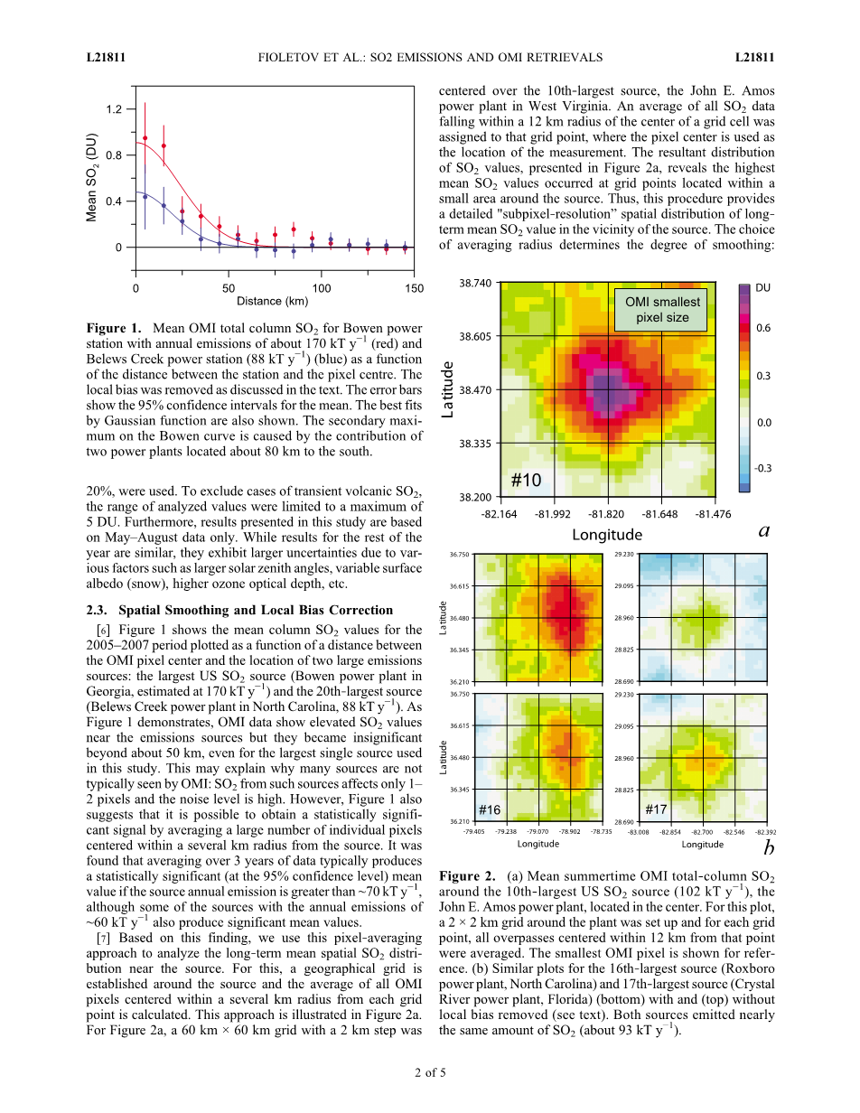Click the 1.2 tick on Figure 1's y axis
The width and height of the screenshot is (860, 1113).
(x=113, y=109)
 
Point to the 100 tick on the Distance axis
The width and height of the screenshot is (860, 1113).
(x=321, y=288)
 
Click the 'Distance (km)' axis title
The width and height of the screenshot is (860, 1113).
(x=272, y=301)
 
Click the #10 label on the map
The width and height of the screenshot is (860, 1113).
(x=526, y=480)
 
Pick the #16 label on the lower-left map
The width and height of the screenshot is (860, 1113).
(x=489, y=809)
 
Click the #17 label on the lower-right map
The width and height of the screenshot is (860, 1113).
(x=657, y=809)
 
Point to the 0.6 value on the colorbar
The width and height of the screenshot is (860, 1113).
(x=762, y=328)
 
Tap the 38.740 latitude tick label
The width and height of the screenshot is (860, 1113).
(x=475, y=283)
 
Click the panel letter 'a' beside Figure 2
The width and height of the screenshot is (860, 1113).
(x=764, y=531)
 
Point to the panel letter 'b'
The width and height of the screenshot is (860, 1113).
(x=768, y=848)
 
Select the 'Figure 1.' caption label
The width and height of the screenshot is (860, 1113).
(x=114, y=327)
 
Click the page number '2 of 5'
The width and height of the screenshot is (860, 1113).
(x=430, y=1073)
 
